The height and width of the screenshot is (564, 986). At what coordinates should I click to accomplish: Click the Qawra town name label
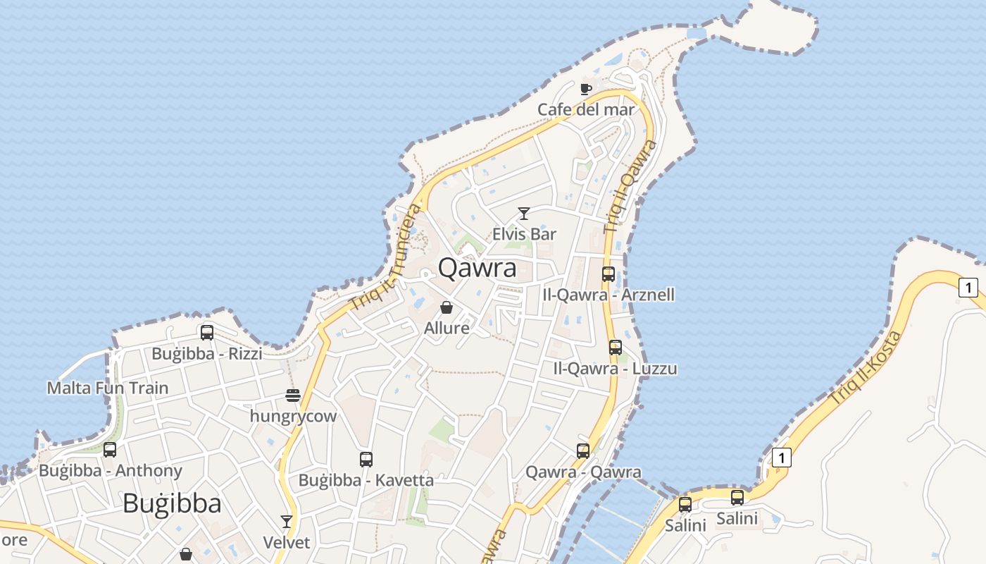[x=477, y=268]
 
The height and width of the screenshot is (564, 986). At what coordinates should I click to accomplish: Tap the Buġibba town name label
[x=172, y=503]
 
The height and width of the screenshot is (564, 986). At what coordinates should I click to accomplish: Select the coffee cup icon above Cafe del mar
[x=585, y=89]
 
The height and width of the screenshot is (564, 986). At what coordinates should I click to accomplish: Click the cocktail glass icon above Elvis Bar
[x=524, y=213]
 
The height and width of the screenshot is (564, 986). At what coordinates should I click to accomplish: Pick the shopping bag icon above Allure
[x=446, y=307]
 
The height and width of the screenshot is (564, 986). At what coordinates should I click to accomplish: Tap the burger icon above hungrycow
[x=293, y=396]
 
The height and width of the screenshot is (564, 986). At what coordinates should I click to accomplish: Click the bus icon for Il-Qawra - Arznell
[x=609, y=274]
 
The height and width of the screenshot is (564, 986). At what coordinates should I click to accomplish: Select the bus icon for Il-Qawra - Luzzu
[x=616, y=347]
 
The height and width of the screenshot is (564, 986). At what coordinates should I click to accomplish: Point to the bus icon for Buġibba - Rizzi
[x=207, y=333]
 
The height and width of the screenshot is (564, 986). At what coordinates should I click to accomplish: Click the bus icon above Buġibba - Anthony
[x=110, y=450]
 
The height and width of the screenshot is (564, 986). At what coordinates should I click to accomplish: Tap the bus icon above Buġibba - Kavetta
[x=366, y=460]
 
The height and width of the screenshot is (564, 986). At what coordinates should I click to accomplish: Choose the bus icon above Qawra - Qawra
[x=583, y=451]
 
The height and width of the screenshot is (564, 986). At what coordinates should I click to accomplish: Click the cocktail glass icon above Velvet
[x=286, y=522]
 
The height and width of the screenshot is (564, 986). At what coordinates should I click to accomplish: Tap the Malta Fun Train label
[x=108, y=388]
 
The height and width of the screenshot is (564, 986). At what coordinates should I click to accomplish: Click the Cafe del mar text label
[x=586, y=110]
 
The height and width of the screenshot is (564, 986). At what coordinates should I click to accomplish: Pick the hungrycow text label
[x=294, y=416]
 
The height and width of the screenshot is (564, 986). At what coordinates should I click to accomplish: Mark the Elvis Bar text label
[x=524, y=234]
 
